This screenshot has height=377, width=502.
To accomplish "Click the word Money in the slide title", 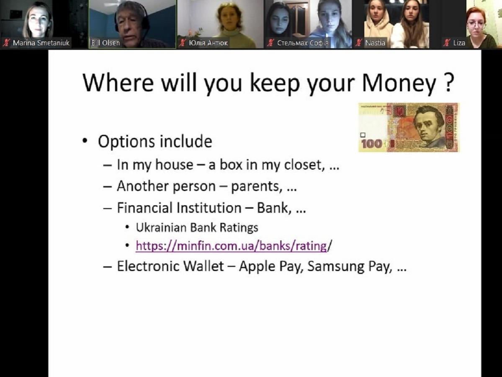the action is click(x=399, y=83).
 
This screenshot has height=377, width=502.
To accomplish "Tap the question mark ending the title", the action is click(x=449, y=83).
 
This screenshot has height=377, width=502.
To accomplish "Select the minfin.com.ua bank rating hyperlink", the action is click(x=231, y=246).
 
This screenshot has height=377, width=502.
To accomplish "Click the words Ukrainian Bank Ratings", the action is click(x=197, y=227).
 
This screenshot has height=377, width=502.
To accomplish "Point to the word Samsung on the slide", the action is click(x=336, y=266).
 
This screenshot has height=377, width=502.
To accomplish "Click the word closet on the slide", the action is click(x=304, y=165).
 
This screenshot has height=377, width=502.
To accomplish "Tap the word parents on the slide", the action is click(x=256, y=187).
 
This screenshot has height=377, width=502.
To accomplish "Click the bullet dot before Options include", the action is click(x=85, y=141).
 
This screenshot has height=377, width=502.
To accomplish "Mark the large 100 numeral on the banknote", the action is click(x=372, y=144).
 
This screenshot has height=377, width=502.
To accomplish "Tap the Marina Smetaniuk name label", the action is click(x=41, y=43).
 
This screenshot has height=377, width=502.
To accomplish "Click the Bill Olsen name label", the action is click(x=106, y=43).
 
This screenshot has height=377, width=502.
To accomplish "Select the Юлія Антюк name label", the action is click(x=208, y=43).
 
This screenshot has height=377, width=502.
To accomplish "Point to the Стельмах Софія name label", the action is click(x=303, y=43).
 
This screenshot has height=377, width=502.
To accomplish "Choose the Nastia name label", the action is click(x=375, y=43).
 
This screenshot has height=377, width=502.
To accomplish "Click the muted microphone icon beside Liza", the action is click(x=447, y=43).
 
